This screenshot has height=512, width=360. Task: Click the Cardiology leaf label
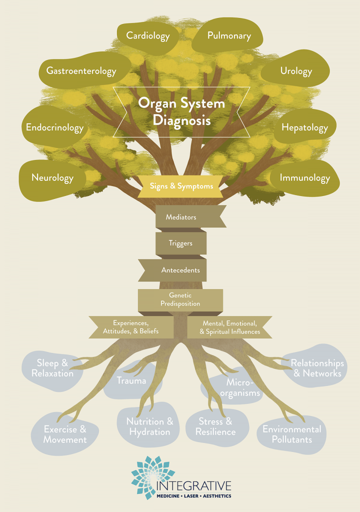[147, 36]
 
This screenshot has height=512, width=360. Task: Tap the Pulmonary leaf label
[229, 36]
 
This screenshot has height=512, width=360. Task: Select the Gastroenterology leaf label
[81, 71]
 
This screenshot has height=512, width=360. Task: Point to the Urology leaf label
[296, 71]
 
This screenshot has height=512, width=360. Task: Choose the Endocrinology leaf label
[55, 127]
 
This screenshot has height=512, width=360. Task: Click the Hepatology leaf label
[304, 127]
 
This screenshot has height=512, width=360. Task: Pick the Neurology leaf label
[52, 177]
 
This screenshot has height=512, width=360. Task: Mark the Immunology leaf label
[304, 177]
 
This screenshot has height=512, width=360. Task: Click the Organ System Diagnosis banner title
[181, 111]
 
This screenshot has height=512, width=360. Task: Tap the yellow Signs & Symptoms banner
[181, 186]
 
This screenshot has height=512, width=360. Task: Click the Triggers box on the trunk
[180, 243]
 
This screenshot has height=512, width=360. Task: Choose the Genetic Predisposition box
[180, 299]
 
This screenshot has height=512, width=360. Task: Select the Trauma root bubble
[131, 381]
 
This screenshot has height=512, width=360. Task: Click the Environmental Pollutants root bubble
[292, 434]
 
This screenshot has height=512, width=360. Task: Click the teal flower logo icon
[153, 477]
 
